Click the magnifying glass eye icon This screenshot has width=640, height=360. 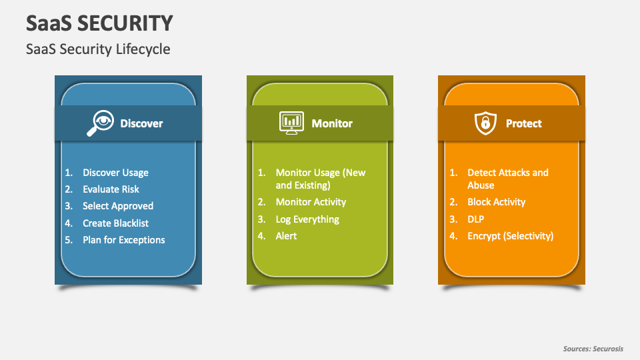100,123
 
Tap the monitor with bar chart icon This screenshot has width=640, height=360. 291,123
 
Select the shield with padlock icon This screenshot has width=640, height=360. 485,123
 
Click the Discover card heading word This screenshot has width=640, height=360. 141,123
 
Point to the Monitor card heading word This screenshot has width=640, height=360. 332,123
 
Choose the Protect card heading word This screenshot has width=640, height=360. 524,123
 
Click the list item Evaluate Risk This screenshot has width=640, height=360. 111,189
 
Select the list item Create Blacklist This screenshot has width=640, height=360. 115,223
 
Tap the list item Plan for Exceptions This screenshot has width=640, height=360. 124,240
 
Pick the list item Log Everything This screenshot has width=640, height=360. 307,219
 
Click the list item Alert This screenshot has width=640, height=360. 286,236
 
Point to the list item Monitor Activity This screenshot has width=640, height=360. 311,202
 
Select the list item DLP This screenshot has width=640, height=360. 475,219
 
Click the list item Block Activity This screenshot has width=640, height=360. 496,202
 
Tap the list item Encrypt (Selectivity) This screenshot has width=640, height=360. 510,236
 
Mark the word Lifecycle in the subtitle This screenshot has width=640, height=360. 143,49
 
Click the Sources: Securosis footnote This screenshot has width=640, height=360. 593,349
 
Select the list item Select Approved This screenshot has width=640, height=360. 118,206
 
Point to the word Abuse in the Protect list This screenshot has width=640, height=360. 481,185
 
